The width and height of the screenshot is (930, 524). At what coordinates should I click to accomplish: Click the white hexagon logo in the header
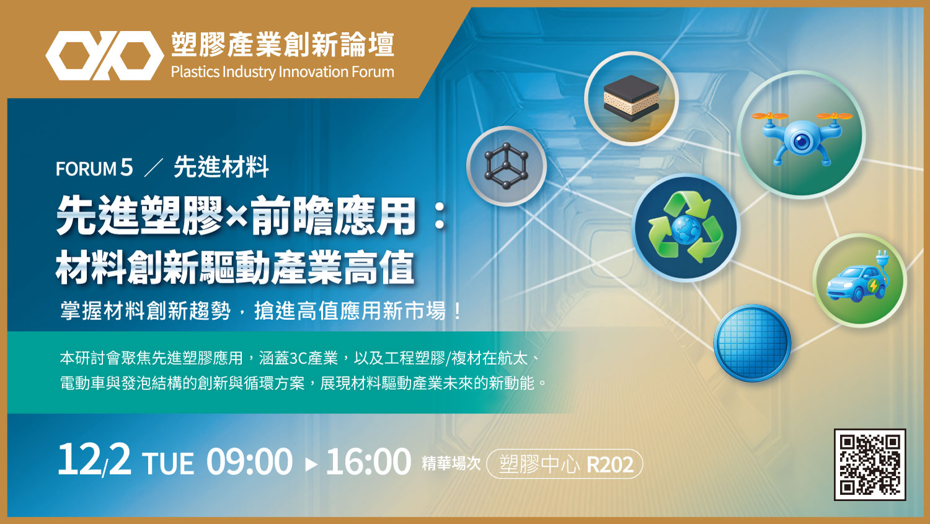105,55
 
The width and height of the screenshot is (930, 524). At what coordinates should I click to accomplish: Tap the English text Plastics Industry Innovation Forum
282,72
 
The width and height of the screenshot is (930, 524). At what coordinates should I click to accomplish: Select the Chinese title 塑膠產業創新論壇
283,45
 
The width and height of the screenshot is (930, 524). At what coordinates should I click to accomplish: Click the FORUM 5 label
94,168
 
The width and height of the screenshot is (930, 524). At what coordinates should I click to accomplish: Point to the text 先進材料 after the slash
221,167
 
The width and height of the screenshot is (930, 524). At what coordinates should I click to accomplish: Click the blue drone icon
802,135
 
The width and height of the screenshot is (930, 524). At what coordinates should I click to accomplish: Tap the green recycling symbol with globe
686,228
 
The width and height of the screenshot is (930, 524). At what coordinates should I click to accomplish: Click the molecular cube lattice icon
506,166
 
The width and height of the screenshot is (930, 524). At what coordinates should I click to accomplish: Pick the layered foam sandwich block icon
631,99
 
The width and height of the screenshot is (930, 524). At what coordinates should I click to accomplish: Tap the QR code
870,464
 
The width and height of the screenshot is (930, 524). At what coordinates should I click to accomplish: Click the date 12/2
94,460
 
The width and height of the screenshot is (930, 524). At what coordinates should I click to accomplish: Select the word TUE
168,463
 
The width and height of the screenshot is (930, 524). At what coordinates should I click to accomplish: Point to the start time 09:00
249,461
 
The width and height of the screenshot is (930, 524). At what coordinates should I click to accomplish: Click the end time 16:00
368,461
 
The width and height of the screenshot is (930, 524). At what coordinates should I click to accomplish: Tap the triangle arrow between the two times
311,464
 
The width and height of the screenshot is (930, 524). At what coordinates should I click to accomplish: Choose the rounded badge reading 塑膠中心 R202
565,464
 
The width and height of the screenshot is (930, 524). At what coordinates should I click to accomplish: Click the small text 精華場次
451,463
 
